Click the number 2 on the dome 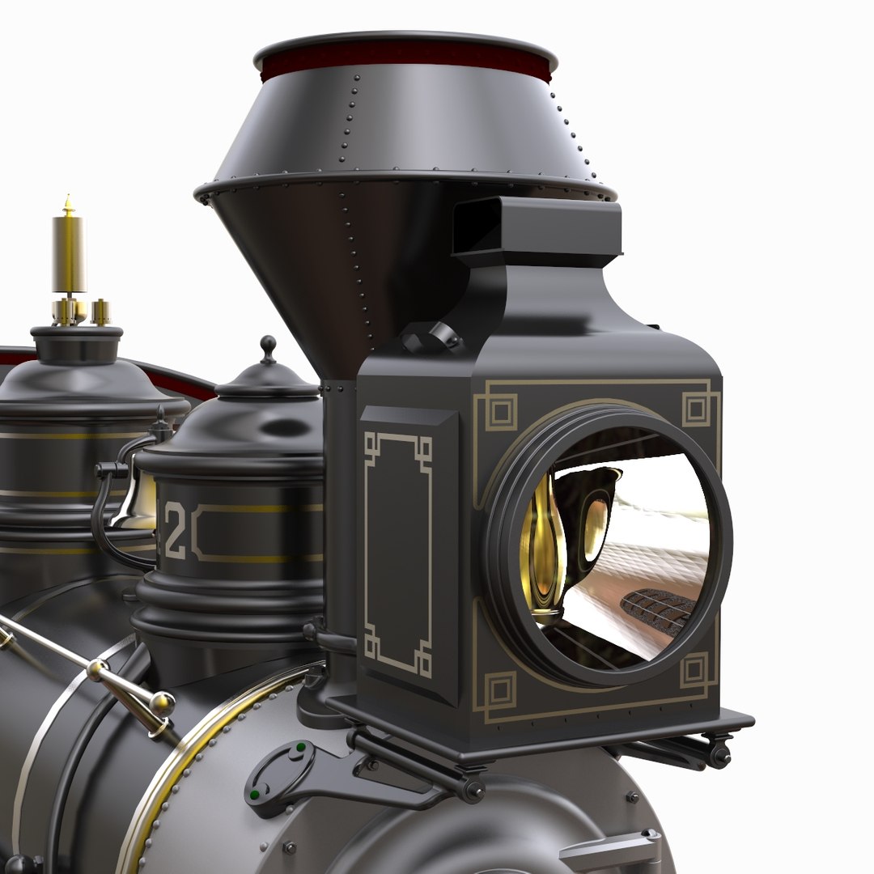pyautogui.click(x=174, y=531)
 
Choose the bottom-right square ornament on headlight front pyautogui.click(x=694, y=671)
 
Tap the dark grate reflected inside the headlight pyautogui.click(x=657, y=611)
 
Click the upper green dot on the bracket pyautogui.click(x=301, y=748)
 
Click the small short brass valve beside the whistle pyautogui.click(x=100, y=312)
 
